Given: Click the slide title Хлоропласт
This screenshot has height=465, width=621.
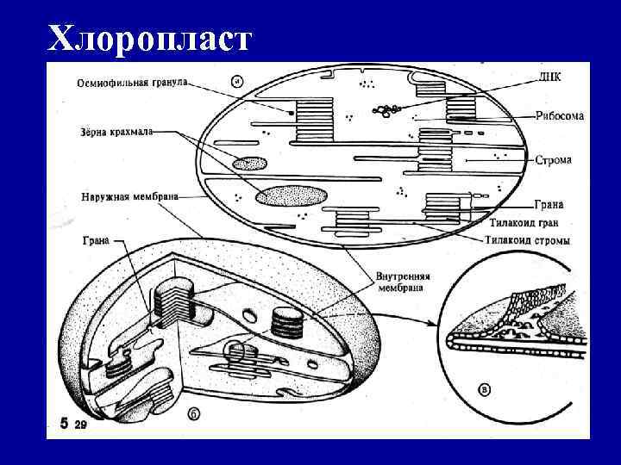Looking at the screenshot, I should pos(151,38).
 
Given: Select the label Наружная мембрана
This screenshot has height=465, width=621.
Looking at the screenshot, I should pos(130,195).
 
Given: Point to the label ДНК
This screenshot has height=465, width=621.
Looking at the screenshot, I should pos(549,77).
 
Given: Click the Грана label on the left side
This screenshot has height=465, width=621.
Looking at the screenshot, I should pos(95,240).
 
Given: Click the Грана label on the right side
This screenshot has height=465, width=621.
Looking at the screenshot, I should pos(549,205).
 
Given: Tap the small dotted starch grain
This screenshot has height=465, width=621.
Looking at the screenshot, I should pos(248,163).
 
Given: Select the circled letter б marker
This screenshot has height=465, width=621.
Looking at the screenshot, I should pos(195,414).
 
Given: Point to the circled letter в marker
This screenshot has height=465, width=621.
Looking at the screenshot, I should pos(485,390).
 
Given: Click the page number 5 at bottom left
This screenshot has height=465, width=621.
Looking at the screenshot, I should pos(63,424).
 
